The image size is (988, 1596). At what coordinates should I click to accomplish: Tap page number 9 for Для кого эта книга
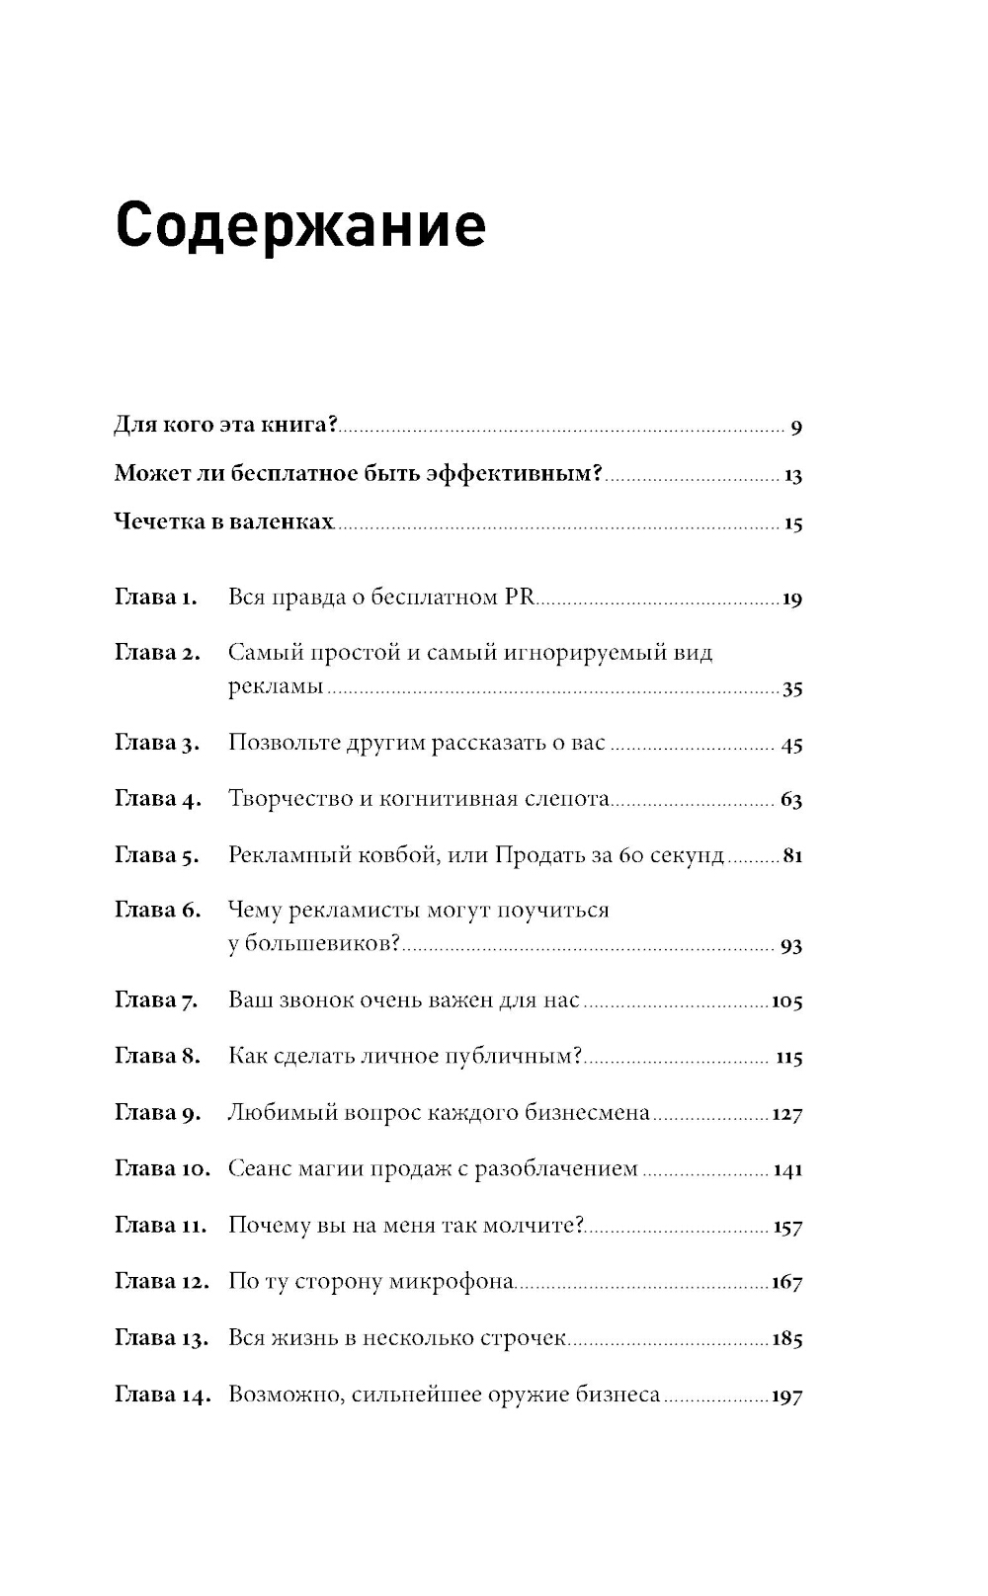coord(796,428)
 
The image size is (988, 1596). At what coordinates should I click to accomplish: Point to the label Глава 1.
coord(156,598)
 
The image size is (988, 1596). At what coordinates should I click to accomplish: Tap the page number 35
coord(791,689)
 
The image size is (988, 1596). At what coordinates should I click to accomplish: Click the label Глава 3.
coord(157,744)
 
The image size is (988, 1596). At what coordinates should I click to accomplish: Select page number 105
coord(786,1001)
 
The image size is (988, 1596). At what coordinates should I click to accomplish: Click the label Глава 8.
coord(157,1057)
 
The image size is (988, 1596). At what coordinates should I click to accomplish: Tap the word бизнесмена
coord(591,1113)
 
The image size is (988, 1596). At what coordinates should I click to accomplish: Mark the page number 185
coord(786,1339)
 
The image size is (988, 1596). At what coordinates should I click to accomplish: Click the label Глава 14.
coord(162,1396)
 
